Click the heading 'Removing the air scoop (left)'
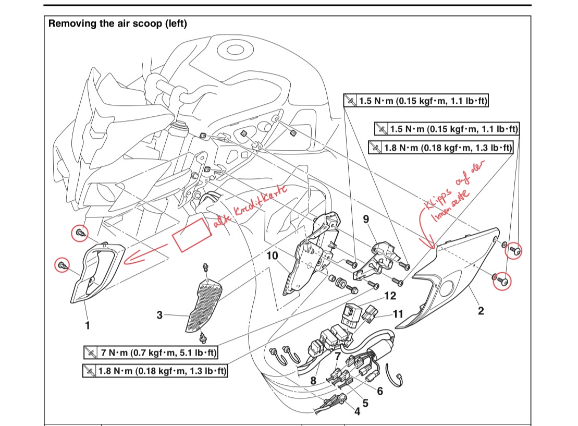point(117,23)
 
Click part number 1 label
point(88,325)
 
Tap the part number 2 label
point(481,311)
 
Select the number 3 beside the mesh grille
point(160,315)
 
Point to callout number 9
point(366,219)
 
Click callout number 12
point(390,296)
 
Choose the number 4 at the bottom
point(357,411)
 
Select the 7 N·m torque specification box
point(150,353)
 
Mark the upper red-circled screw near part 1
point(81,233)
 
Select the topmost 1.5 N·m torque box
point(416,100)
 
